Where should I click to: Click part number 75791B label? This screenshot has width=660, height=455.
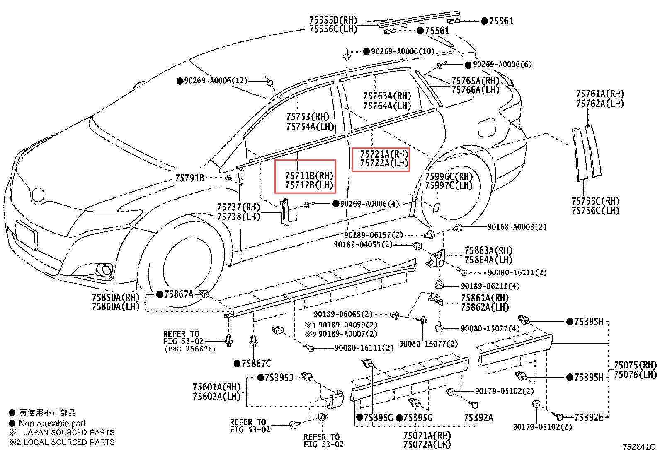189,178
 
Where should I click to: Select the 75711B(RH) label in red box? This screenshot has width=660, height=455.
309,175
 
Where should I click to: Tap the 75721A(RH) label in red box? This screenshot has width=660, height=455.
384,154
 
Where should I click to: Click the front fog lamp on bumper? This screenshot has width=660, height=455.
103,270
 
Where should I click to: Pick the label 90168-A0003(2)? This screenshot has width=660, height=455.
517,227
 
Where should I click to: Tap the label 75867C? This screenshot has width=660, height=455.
256,364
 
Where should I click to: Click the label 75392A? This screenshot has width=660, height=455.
478,418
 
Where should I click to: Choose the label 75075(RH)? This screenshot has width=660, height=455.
635,365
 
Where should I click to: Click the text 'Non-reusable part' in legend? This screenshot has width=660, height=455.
52,423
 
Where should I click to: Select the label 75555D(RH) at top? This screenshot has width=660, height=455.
333,20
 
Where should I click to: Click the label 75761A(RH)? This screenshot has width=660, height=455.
599,94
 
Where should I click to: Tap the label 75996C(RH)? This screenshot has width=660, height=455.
449,177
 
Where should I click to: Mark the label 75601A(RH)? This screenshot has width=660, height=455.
216,387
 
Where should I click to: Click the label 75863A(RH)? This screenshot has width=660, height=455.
488,250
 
